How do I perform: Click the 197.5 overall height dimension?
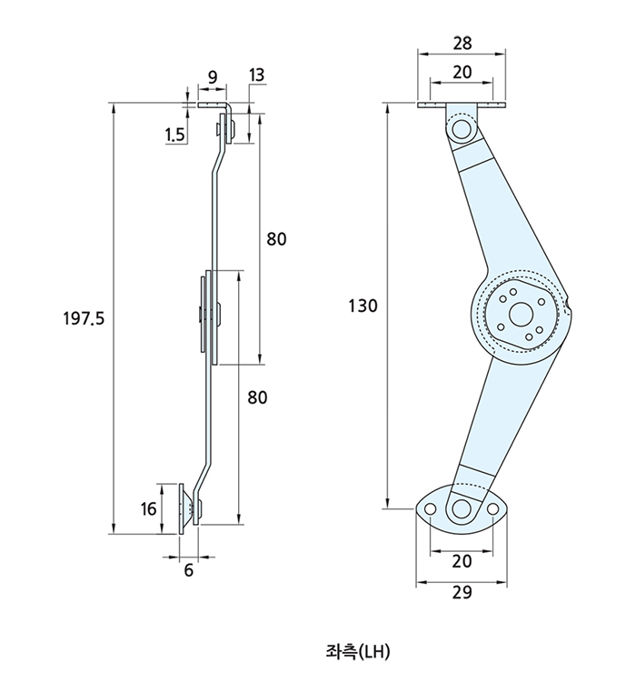[x=84, y=319]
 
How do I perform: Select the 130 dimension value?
[x=363, y=306]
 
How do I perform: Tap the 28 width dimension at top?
[x=462, y=43]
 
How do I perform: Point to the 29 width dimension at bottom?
[x=462, y=592]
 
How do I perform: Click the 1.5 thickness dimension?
[x=174, y=136]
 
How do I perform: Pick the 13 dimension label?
[x=256, y=75]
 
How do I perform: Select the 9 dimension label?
[x=213, y=77]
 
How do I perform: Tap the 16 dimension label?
[x=148, y=508]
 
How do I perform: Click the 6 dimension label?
[x=188, y=569]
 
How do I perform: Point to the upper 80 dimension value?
[x=277, y=239]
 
